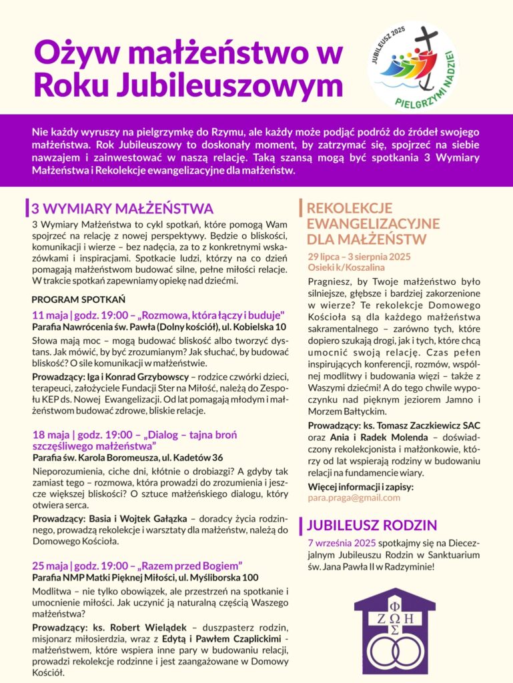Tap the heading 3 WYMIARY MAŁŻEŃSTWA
122,207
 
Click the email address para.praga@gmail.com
354,498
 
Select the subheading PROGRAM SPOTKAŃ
78,299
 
